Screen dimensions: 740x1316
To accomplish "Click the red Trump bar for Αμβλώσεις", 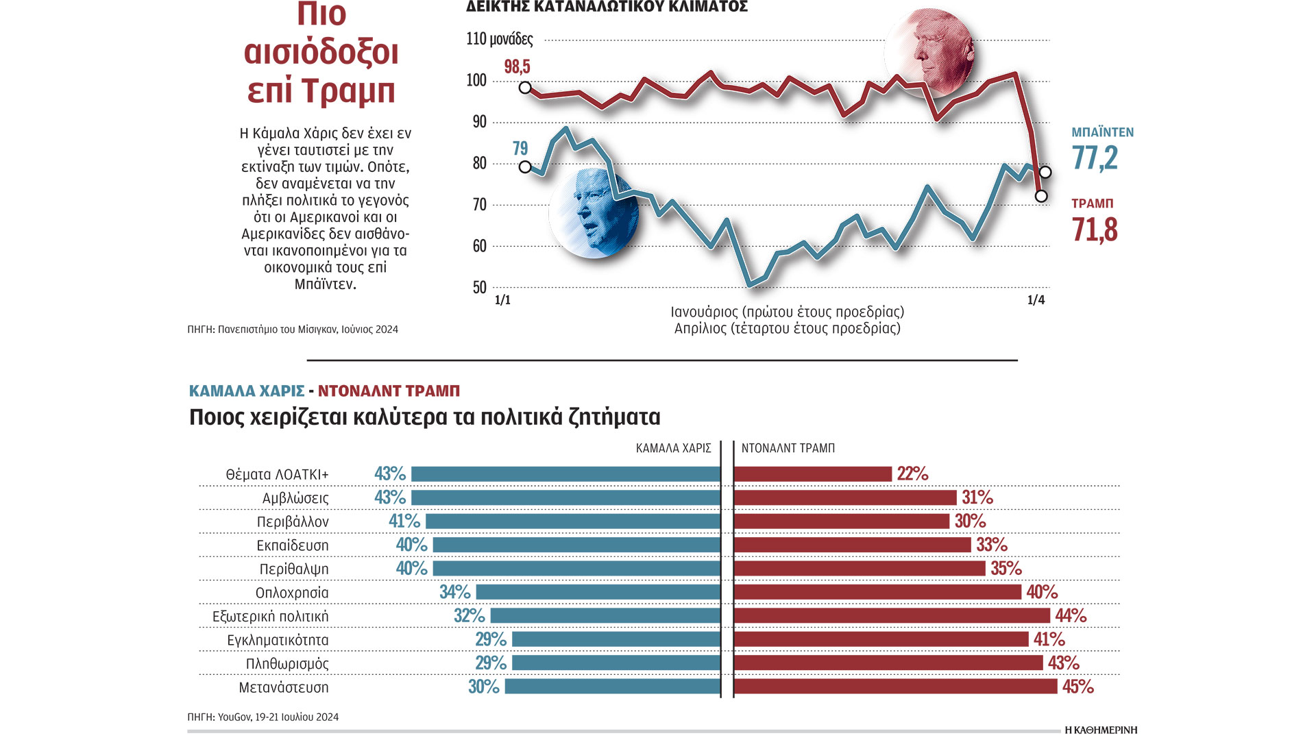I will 844,497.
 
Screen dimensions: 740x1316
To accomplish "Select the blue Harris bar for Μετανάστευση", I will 612,687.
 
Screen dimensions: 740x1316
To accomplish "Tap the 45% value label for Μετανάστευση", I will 1077,687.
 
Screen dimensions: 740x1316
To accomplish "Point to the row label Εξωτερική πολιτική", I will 271,616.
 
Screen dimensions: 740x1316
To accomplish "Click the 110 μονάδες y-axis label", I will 499,38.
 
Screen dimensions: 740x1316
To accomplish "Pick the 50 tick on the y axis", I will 479,288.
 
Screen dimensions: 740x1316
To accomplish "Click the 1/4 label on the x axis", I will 1036,299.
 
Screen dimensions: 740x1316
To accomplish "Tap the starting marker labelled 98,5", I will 525,88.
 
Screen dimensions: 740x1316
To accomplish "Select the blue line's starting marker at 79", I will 525,167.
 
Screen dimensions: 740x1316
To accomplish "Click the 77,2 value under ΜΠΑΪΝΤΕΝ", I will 1095,158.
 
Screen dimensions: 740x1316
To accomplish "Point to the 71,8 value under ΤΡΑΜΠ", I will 1095,230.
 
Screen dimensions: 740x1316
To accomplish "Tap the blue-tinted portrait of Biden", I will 594,213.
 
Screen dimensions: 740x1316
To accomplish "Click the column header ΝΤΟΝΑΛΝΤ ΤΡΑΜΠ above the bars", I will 788,448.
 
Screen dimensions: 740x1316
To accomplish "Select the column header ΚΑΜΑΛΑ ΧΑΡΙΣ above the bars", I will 673,448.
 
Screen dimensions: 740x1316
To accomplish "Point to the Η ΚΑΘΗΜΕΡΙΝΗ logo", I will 1100,730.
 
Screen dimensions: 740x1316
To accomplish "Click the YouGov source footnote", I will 263,717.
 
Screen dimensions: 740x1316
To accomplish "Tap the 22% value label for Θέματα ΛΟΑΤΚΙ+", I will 912,473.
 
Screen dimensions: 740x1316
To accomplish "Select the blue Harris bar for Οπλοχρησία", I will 598,592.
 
